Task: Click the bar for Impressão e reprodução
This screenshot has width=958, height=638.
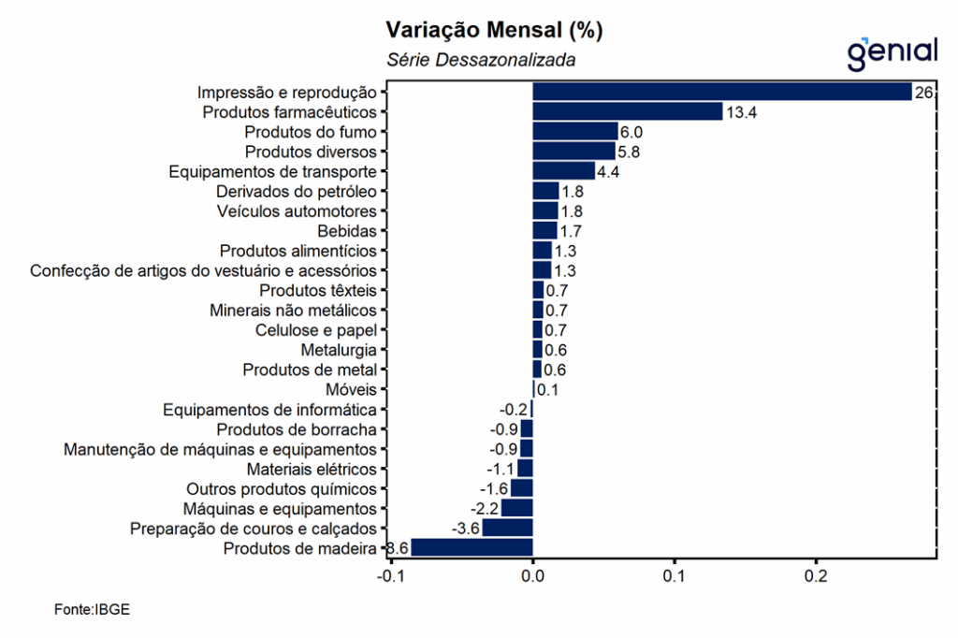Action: [x=721, y=92]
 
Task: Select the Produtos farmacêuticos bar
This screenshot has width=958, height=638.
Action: [x=627, y=112]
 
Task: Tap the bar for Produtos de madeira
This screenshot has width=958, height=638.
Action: [x=472, y=547]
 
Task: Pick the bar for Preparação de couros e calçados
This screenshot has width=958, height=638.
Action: [x=507, y=528]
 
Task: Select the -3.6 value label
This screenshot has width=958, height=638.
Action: [x=466, y=529]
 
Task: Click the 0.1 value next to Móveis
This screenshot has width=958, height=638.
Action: [x=547, y=389]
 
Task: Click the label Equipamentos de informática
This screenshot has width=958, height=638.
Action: [x=269, y=410]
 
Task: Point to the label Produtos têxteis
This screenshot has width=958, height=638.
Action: [x=318, y=290]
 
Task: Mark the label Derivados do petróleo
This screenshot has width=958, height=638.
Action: [x=297, y=192]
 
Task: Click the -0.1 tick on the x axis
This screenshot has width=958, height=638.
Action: [x=390, y=576]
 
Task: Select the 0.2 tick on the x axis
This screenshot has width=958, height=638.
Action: [x=817, y=576]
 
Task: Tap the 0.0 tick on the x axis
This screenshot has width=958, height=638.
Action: [x=532, y=576]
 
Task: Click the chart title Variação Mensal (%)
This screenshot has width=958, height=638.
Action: [x=494, y=30]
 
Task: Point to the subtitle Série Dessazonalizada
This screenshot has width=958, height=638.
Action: [x=481, y=60]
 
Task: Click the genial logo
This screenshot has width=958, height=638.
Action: [x=892, y=52]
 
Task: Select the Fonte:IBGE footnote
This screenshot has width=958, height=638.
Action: [x=92, y=610]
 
